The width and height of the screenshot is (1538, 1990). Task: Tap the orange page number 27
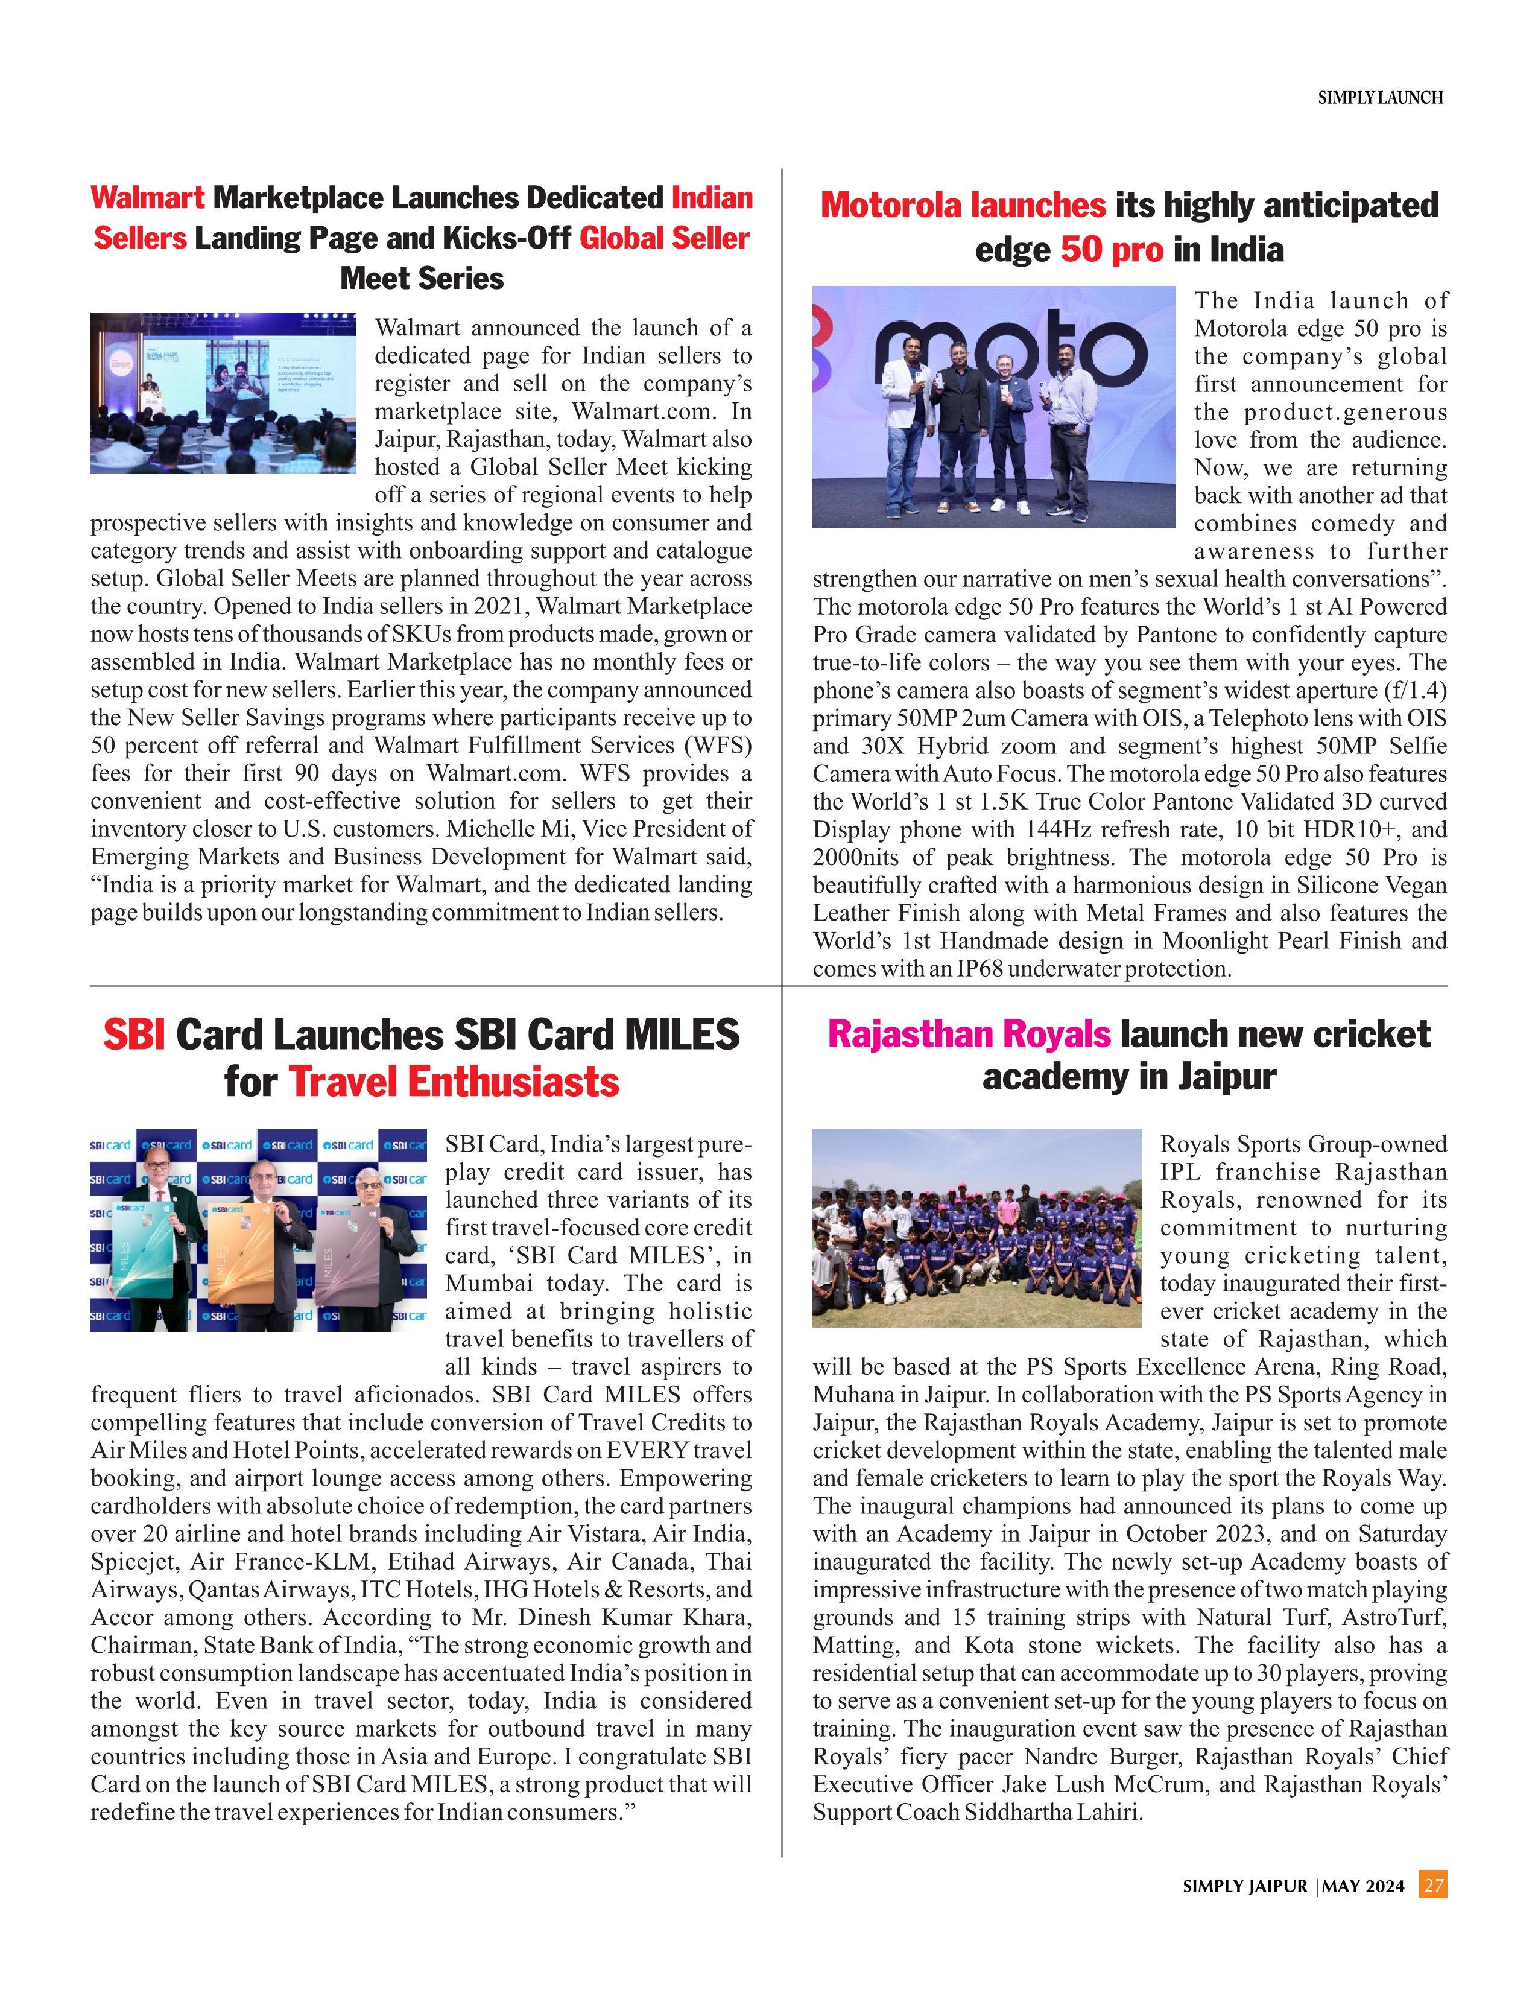(1433, 1885)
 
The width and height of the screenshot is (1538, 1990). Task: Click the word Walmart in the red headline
(148, 198)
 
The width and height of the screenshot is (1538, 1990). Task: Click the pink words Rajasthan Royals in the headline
(969, 1034)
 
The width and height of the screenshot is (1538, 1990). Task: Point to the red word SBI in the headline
(134, 1035)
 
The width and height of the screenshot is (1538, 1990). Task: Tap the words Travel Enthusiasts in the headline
(454, 1083)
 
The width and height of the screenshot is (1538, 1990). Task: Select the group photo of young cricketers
(976, 1228)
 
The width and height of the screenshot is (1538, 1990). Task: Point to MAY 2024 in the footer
(1363, 1886)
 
